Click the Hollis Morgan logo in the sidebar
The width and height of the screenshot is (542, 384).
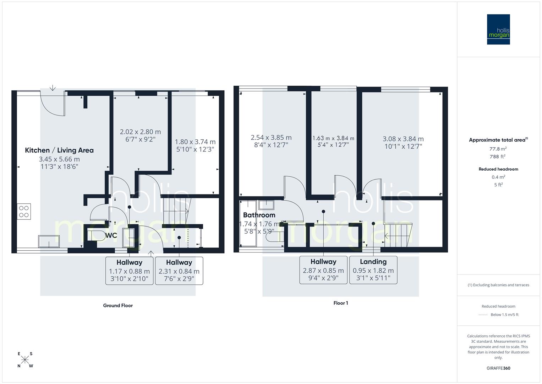(x=498, y=30)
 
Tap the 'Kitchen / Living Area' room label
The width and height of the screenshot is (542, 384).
(x=59, y=150)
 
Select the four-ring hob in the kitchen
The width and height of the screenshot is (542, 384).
(x=24, y=211)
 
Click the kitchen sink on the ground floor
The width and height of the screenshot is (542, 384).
(x=49, y=241)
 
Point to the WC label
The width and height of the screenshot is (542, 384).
(x=111, y=236)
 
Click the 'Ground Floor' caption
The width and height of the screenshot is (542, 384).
(x=118, y=305)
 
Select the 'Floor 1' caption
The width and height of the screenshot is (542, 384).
(x=340, y=303)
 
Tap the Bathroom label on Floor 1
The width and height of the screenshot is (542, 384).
(x=259, y=215)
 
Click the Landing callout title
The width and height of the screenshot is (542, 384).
(x=373, y=262)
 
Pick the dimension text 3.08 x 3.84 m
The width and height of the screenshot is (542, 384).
(x=403, y=139)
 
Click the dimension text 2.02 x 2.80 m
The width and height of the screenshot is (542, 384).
(x=140, y=132)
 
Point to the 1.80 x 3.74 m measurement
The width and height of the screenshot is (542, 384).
(x=195, y=142)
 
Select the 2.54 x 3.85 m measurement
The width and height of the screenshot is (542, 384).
(x=271, y=138)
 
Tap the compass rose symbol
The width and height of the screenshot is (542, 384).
(x=25, y=360)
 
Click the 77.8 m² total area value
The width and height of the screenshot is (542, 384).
(x=498, y=149)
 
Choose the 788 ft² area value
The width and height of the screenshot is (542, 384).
(x=498, y=156)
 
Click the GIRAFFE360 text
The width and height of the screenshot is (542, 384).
(x=498, y=368)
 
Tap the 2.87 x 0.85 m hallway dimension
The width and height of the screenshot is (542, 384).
(x=323, y=271)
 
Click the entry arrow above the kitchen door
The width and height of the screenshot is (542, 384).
(x=53, y=87)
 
